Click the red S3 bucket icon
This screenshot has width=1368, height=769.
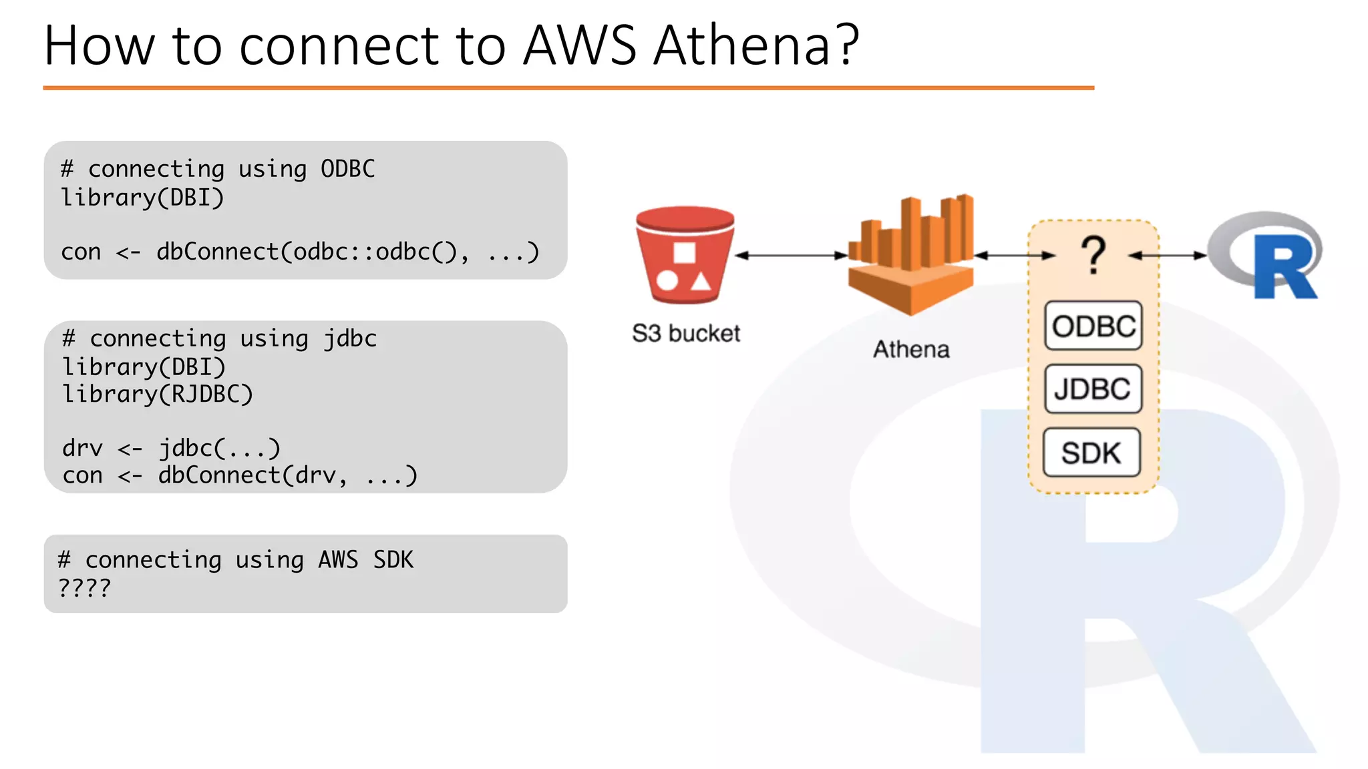[685, 255]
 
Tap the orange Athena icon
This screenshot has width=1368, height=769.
[910, 257]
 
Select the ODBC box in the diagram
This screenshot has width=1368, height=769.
[1093, 326]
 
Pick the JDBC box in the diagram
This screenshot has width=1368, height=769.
[1093, 389]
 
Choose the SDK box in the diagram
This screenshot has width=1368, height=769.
[1091, 453]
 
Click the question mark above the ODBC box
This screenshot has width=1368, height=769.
[1093, 255]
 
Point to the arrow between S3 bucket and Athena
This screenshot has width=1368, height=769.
[791, 255]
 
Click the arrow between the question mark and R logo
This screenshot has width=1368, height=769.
[1168, 255]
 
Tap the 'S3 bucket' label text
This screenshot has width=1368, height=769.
[686, 333]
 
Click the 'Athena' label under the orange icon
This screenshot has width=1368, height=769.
[911, 349]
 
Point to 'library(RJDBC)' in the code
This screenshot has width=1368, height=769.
[158, 394]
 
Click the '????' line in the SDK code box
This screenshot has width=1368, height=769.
[85, 587]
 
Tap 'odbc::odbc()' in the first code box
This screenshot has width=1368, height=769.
[374, 252]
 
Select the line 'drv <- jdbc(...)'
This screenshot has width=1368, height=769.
[171, 448]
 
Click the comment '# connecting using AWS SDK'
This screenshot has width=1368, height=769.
[235, 559]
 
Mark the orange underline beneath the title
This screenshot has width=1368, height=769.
[568, 87]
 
